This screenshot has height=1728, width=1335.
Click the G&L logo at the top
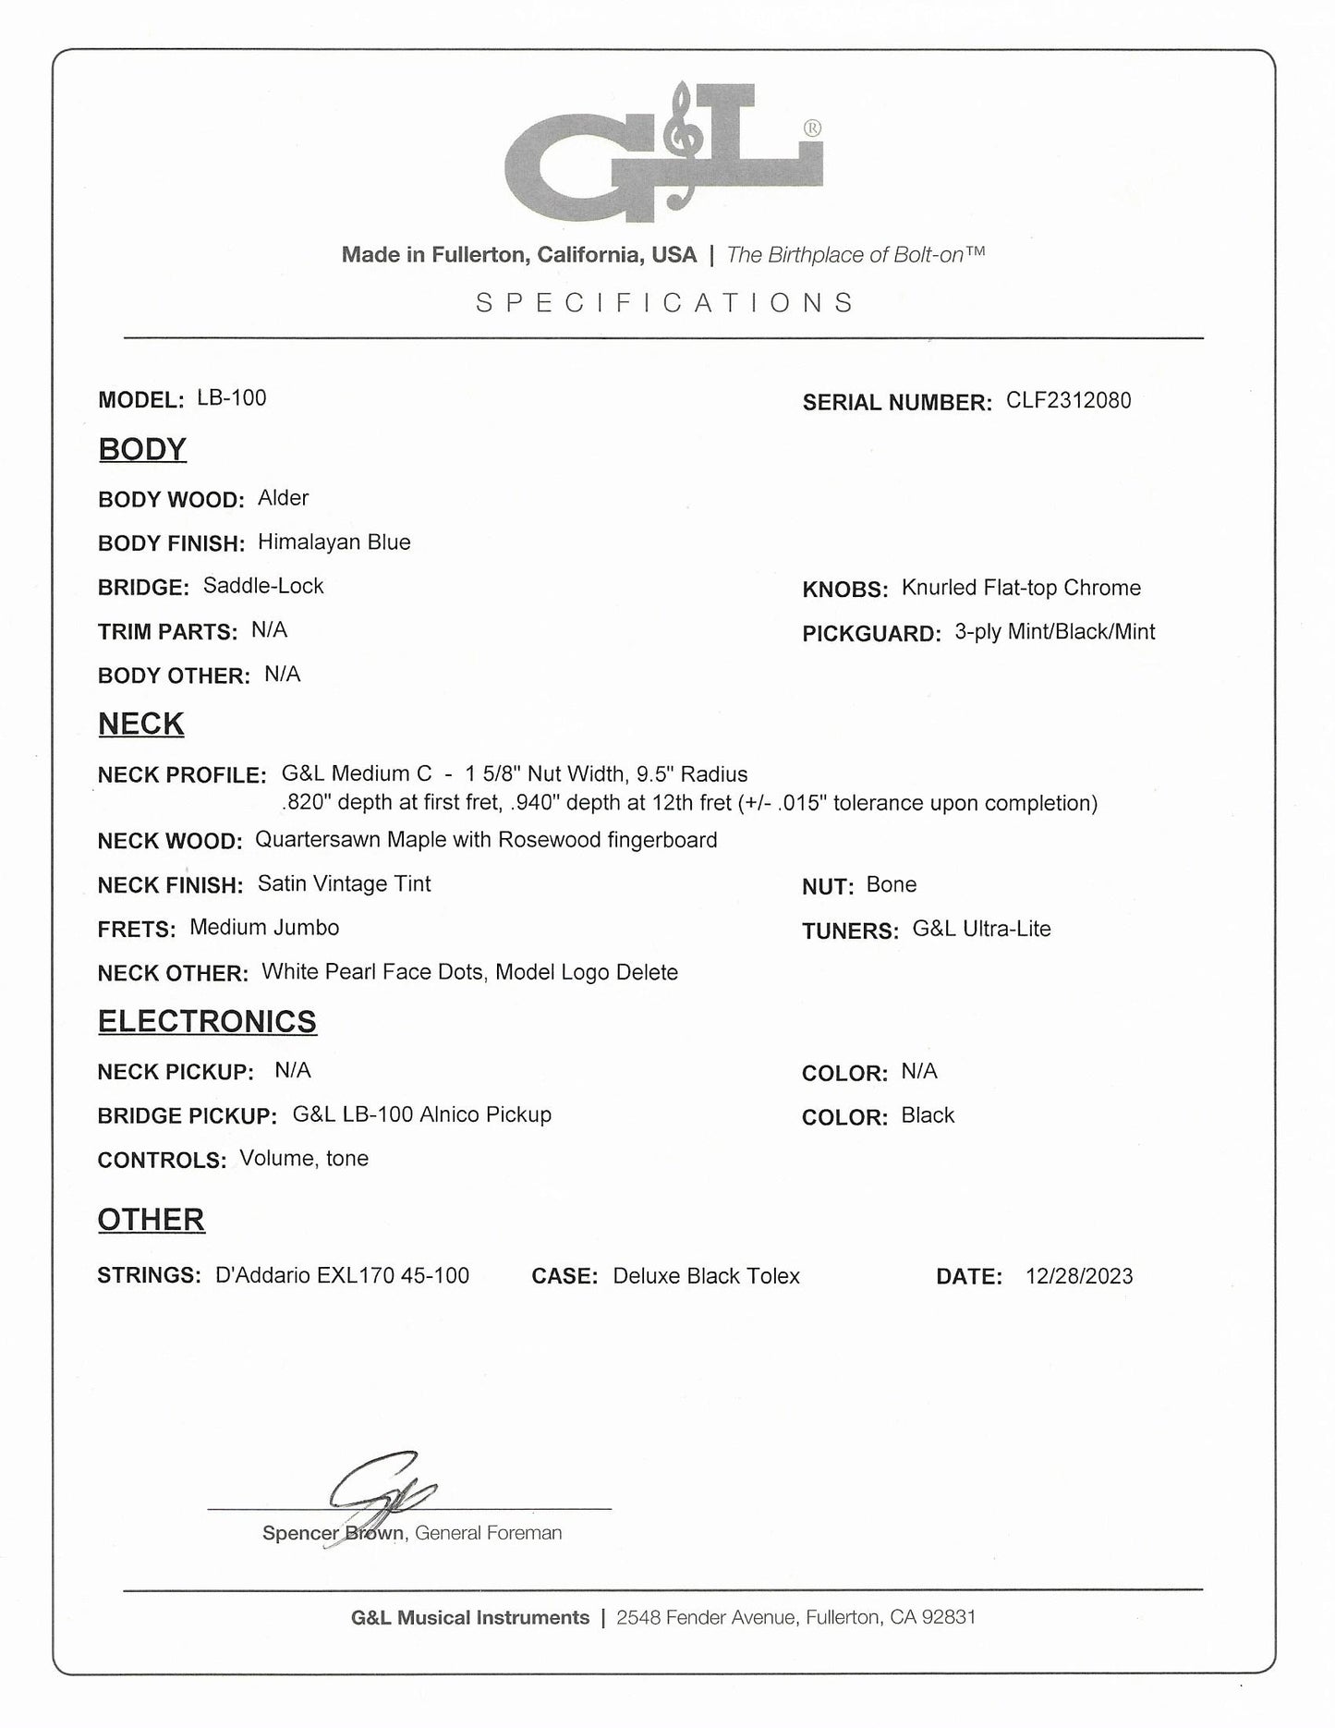pyautogui.click(x=663, y=152)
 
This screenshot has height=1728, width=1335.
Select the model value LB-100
pyautogui.click(x=232, y=398)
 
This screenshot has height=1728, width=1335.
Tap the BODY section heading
pyautogui.click(x=142, y=449)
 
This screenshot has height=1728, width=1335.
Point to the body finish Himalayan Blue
pyautogui.click(x=334, y=542)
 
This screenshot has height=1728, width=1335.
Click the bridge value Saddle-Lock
pyautogui.click(x=263, y=586)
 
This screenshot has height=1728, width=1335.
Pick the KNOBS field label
pyautogui.click(x=845, y=590)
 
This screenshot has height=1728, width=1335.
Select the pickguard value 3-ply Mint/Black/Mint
pyautogui.click(x=1055, y=632)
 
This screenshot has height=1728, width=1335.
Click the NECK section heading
pyautogui.click(x=141, y=724)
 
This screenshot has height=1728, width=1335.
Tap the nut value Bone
pyautogui.click(x=892, y=884)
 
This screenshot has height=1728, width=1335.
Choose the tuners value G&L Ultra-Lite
pyautogui.click(x=981, y=929)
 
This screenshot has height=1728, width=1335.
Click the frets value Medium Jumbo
pyautogui.click(x=264, y=928)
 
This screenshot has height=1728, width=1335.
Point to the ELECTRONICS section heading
pyautogui.click(x=207, y=1021)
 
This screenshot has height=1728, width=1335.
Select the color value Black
pyautogui.click(x=928, y=1115)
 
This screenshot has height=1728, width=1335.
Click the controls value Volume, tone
pyautogui.click(x=304, y=1159)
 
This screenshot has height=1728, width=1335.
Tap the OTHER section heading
pyautogui.click(x=152, y=1220)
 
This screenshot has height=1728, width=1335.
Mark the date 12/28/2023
pyautogui.click(x=1079, y=1276)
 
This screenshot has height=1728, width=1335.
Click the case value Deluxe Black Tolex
pyautogui.click(x=706, y=1276)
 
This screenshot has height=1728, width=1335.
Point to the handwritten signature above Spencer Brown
pyautogui.click(x=379, y=1491)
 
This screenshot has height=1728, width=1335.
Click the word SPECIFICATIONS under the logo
pyautogui.click(x=665, y=303)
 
